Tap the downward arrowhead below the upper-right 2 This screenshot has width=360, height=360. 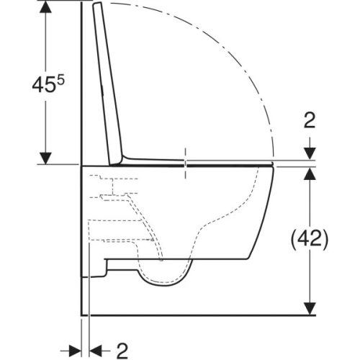[x=310, y=154]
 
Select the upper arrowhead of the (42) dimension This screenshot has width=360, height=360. [x=310, y=174]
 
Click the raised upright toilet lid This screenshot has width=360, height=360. [x=107, y=79]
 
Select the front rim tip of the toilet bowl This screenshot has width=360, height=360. [x=274, y=167]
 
